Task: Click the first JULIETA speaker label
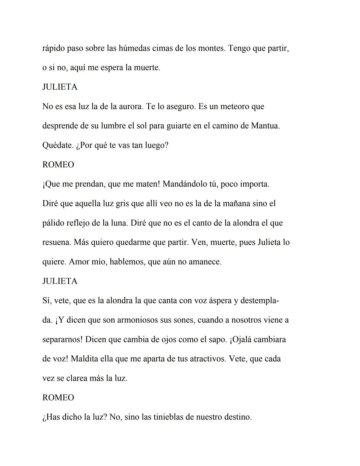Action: [60, 87]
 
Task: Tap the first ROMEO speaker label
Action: [58, 165]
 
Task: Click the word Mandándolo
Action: [185, 184]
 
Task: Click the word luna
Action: [119, 223]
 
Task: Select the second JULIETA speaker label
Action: [60, 281]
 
